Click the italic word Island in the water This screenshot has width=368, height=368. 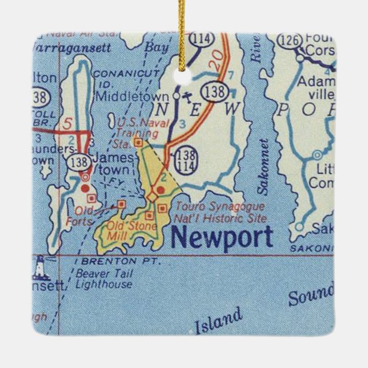pyautogui.click(x=218, y=321)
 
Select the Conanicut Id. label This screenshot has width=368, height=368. pyautogui.click(x=117, y=78)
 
